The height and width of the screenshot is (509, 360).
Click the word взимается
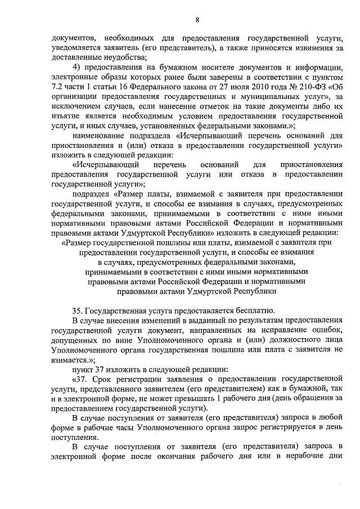71,359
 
